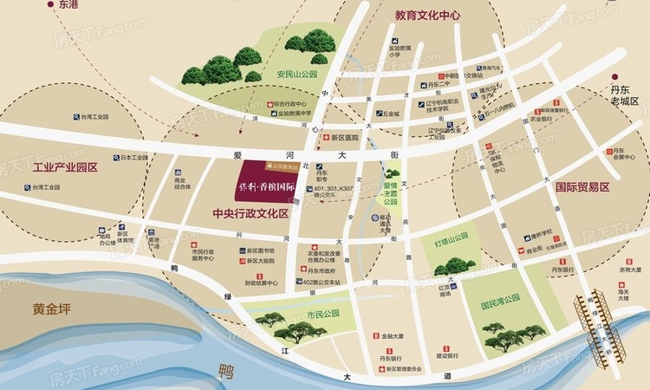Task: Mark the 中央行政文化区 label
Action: tap(250, 213)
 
